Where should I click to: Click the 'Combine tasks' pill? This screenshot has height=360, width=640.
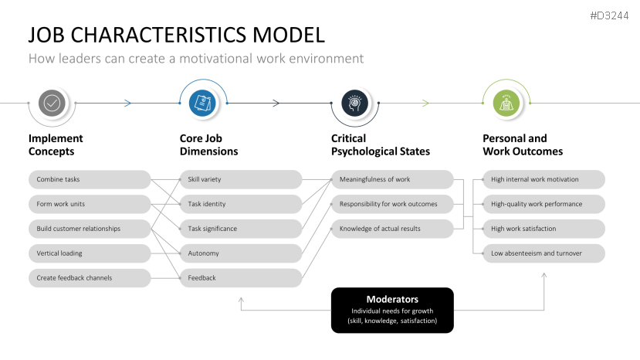(x=90, y=179)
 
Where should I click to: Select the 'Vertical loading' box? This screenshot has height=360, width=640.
(x=90, y=253)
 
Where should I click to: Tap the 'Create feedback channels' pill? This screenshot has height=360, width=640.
(x=90, y=278)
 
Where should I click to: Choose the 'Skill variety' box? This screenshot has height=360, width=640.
(x=241, y=179)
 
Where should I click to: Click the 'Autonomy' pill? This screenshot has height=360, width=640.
(x=241, y=253)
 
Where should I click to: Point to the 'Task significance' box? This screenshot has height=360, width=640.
(x=241, y=229)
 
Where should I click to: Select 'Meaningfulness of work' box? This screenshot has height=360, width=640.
(x=392, y=179)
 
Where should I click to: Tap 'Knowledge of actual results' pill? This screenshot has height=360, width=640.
(x=392, y=229)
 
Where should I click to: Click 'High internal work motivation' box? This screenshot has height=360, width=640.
(x=543, y=179)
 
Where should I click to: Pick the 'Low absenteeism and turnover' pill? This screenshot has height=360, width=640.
(x=543, y=253)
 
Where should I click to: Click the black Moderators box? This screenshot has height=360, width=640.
(x=392, y=310)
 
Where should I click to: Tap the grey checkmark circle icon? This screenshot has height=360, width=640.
(x=52, y=102)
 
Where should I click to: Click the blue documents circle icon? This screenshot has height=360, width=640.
(x=202, y=102)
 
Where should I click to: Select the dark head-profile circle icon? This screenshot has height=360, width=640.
(x=354, y=102)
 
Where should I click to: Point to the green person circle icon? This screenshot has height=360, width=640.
(x=505, y=102)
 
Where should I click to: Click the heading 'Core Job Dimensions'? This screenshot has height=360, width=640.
(x=208, y=145)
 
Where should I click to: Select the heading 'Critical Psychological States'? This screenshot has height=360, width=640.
(x=381, y=145)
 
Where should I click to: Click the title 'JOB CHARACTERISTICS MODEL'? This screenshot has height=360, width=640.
(x=176, y=35)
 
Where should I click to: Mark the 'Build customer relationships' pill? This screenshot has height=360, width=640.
(x=90, y=229)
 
